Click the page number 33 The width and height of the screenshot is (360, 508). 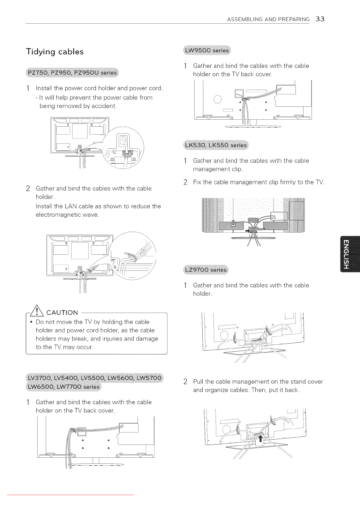[320, 19]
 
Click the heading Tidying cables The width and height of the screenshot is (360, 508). [55, 52]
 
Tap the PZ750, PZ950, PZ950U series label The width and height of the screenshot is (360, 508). [72, 73]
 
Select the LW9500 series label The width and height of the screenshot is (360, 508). [207, 50]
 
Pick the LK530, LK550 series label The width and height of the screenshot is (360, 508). [216, 145]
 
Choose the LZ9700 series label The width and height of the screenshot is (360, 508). [205, 270]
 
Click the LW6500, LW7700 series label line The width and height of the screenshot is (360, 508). [63, 387]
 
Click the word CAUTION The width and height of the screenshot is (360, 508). [62, 313]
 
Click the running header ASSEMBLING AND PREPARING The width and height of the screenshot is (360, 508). [268, 20]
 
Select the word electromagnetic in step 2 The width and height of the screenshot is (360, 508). [58, 215]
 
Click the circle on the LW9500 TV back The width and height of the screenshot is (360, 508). [217, 99]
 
